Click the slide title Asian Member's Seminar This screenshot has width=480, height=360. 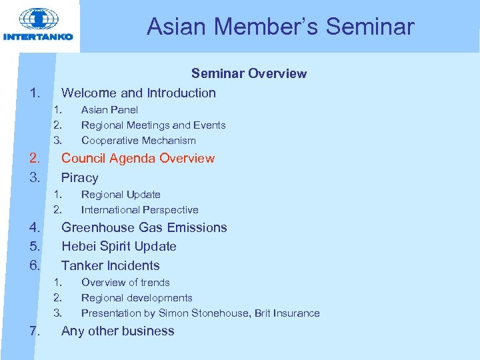[x=280, y=27]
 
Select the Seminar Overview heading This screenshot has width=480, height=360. [x=249, y=73]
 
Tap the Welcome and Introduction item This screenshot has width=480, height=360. [x=138, y=93]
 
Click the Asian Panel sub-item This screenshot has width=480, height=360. [x=109, y=109]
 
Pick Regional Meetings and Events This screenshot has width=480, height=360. [x=153, y=125]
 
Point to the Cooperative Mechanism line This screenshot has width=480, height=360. [x=138, y=140]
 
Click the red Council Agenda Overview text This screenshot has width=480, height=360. [x=137, y=158]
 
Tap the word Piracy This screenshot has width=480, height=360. [x=79, y=177]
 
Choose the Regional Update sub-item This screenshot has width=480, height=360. [x=121, y=194]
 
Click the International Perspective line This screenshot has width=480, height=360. [x=139, y=209]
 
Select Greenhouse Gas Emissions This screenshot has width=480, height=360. [x=144, y=227]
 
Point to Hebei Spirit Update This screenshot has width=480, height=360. [x=119, y=246]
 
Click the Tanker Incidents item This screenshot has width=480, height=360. [x=110, y=265]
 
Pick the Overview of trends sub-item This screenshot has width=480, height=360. [x=125, y=282]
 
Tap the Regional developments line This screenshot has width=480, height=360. [x=137, y=297]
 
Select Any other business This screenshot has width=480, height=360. [x=117, y=331]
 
